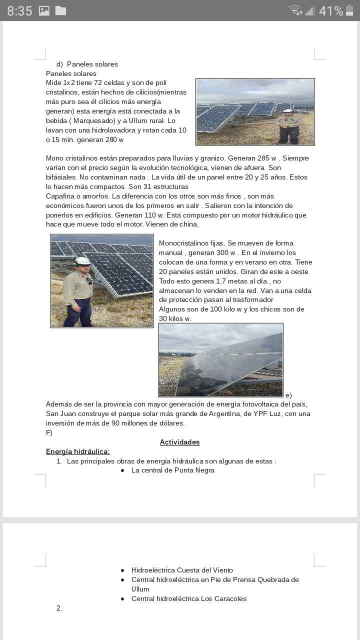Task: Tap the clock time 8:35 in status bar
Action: click(x=19, y=11)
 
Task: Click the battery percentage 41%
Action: click(x=330, y=11)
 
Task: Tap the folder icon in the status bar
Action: click(x=60, y=10)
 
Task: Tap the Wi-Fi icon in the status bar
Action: click(x=295, y=10)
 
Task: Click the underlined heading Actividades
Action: click(x=179, y=442)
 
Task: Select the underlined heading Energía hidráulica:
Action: click(x=77, y=451)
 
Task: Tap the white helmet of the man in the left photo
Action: click(x=82, y=260)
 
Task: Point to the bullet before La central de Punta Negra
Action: click(x=122, y=470)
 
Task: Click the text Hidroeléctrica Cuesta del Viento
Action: click(x=182, y=570)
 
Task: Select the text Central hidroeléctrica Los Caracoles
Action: click(x=188, y=598)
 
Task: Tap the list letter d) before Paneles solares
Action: click(x=59, y=64)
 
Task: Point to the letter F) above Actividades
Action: click(x=49, y=432)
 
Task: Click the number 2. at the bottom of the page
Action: click(x=59, y=608)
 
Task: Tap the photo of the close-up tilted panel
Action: click(x=220, y=360)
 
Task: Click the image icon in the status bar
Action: click(x=44, y=10)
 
